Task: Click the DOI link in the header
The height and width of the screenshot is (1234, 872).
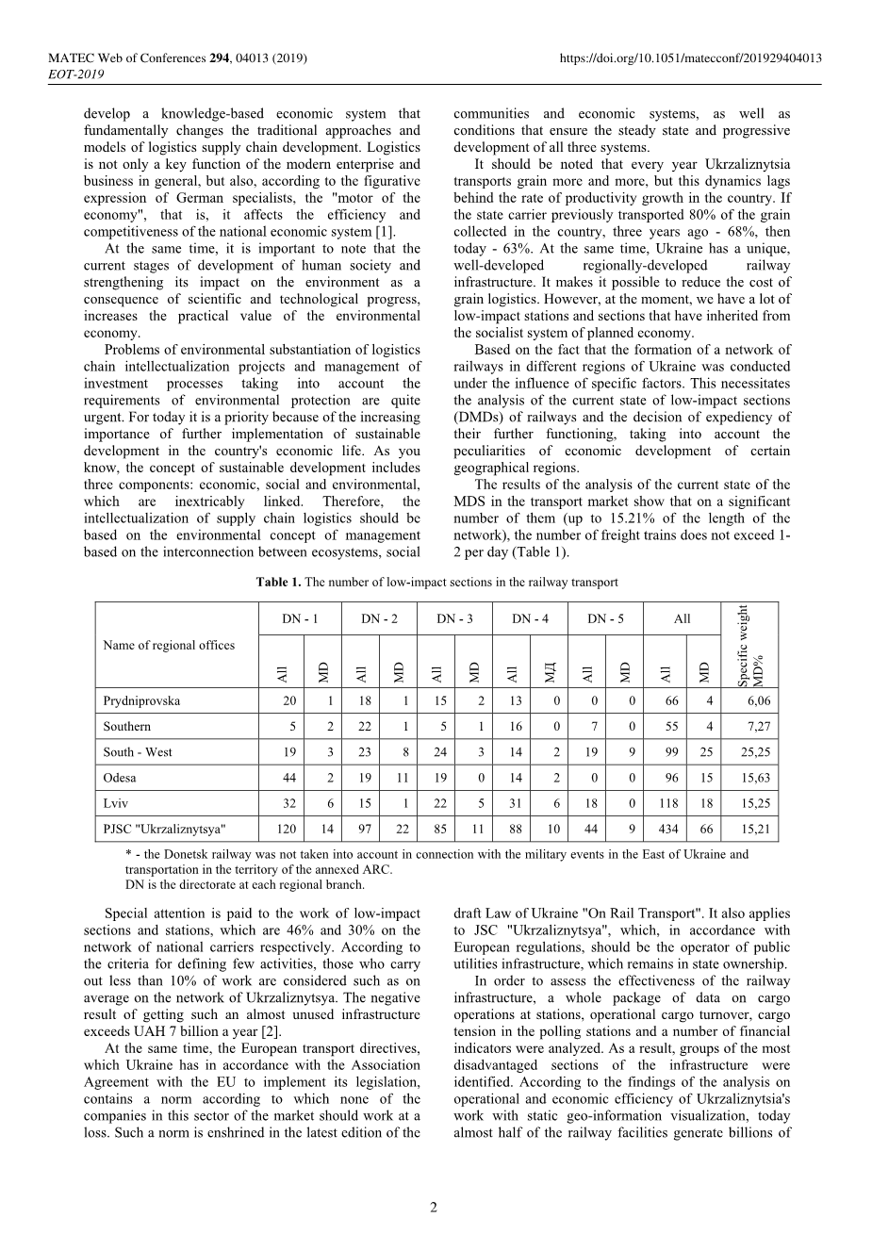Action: (x=690, y=58)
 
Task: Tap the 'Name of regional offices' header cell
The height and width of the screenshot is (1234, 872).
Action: (x=169, y=646)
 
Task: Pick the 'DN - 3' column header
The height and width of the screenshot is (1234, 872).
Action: (x=455, y=619)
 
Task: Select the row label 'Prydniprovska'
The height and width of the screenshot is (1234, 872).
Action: (x=141, y=701)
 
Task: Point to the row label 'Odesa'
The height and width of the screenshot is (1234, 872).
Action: (x=120, y=778)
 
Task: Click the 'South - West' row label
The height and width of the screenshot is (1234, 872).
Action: (x=138, y=752)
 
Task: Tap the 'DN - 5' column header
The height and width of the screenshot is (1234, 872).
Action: (x=606, y=619)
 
